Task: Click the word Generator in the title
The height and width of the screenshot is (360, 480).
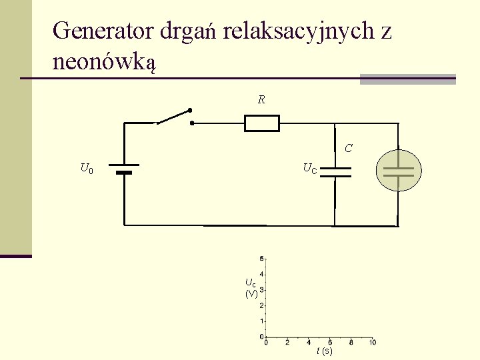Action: click(x=103, y=31)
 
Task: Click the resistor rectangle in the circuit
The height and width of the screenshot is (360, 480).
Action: click(x=261, y=123)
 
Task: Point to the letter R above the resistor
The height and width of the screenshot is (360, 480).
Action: click(x=261, y=100)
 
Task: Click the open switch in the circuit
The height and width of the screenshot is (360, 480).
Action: click(x=175, y=117)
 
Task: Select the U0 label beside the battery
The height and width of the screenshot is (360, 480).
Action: click(x=87, y=169)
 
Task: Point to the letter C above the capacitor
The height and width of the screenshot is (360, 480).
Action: click(x=349, y=148)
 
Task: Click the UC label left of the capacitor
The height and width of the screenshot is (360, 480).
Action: click(x=310, y=169)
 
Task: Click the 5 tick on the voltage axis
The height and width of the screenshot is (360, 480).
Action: click(x=262, y=258)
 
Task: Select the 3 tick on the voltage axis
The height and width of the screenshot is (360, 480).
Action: click(x=262, y=290)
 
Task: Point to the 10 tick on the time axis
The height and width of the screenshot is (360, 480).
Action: click(x=372, y=342)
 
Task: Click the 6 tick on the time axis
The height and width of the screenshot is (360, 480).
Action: click(x=330, y=342)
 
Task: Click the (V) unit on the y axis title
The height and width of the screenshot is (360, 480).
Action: click(x=251, y=293)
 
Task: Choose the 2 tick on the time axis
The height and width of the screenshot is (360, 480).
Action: click(x=287, y=342)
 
